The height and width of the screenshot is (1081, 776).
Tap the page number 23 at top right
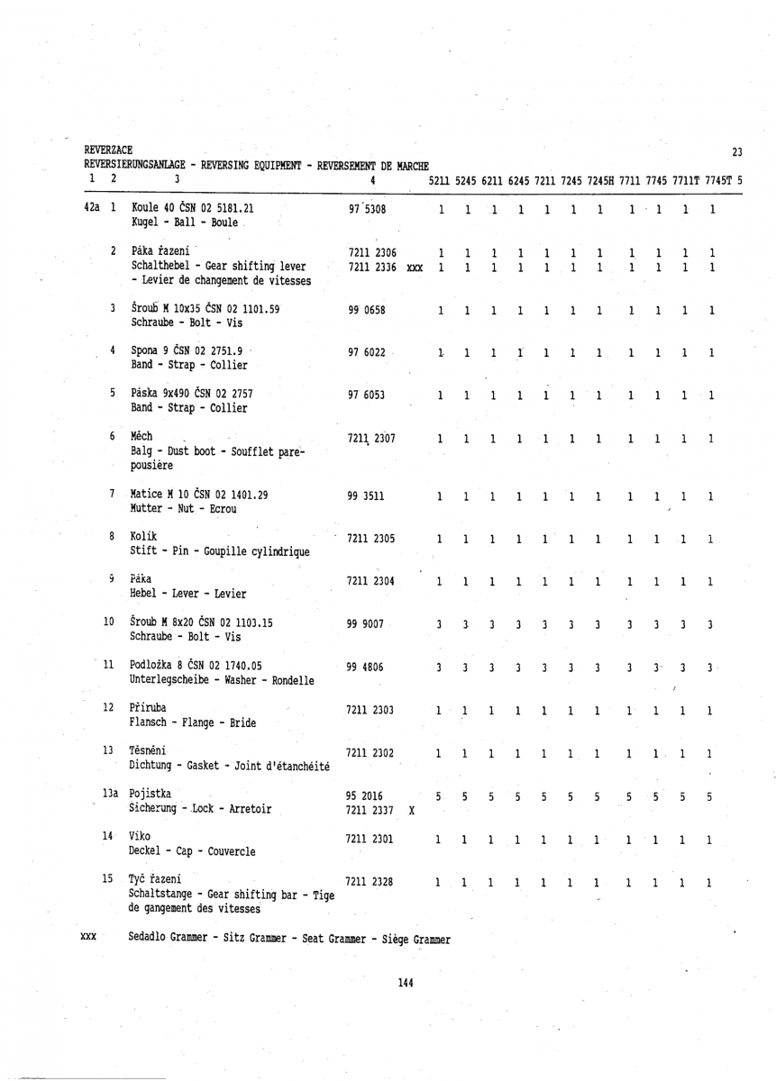736,151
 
